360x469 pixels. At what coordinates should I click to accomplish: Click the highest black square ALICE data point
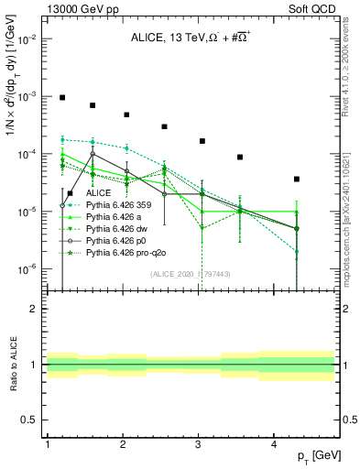click(x=62, y=97)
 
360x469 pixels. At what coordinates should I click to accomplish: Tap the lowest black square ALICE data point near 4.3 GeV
click(x=297, y=179)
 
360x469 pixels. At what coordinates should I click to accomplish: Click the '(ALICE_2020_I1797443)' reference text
click(x=191, y=274)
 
